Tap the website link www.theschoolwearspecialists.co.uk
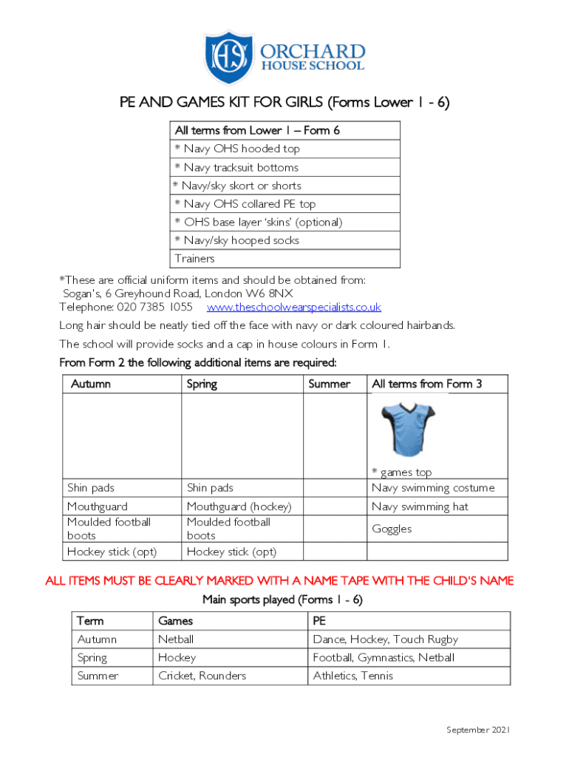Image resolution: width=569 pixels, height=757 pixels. [293, 307]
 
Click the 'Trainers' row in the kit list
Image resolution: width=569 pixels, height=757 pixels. [195, 259]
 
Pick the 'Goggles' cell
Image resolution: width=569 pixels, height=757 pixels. [392, 529]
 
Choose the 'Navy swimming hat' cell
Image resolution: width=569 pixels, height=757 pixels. [420, 506]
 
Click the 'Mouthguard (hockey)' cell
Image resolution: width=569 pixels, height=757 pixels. [239, 506]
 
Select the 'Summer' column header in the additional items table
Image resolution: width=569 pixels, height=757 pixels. [329, 384]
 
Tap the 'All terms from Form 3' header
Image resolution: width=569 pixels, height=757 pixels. [426, 384]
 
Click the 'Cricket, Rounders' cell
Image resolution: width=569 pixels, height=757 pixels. [202, 676]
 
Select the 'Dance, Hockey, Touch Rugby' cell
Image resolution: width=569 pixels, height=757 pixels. [385, 639]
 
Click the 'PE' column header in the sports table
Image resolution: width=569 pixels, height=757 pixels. [319, 621]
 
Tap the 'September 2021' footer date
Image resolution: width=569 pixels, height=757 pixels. [478, 730]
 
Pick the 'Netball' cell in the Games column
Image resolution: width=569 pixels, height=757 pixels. [176, 639]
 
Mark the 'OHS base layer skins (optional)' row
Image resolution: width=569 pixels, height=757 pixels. [258, 222]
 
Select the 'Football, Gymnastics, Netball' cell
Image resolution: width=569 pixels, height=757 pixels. [384, 657]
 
